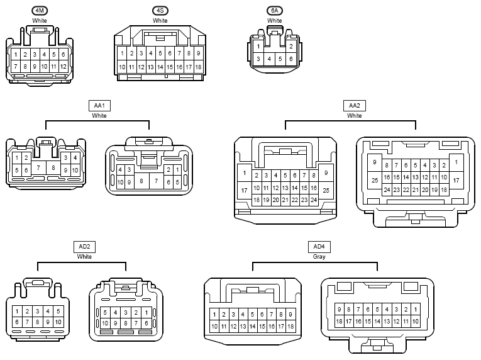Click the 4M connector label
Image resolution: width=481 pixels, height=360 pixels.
(40, 11)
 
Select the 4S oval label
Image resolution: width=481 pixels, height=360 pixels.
(160, 11)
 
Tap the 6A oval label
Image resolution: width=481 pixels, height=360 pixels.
(275, 11)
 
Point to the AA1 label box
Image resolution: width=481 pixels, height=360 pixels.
(99, 106)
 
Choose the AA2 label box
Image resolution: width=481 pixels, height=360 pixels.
(355, 106)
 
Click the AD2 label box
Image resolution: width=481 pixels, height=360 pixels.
(84, 247)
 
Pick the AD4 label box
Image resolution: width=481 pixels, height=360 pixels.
(319, 247)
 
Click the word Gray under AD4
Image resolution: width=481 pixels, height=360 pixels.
(319, 257)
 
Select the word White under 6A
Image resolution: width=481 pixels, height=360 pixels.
(275, 21)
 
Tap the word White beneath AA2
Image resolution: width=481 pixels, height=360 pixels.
(355, 116)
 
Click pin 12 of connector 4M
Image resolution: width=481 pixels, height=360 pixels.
(64, 66)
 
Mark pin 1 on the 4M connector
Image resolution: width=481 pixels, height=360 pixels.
(16, 55)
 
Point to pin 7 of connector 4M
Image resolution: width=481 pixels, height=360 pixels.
(16, 66)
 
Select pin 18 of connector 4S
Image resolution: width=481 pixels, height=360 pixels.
(198, 67)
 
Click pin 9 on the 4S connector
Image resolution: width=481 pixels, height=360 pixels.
(198, 53)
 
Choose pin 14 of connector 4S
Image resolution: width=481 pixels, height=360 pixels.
(160, 67)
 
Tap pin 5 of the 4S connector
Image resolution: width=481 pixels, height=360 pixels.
(160, 53)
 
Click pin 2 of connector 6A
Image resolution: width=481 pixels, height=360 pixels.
(291, 47)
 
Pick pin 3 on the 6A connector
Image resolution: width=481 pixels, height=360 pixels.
(258, 59)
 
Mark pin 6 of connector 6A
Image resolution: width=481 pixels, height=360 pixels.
(291, 59)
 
